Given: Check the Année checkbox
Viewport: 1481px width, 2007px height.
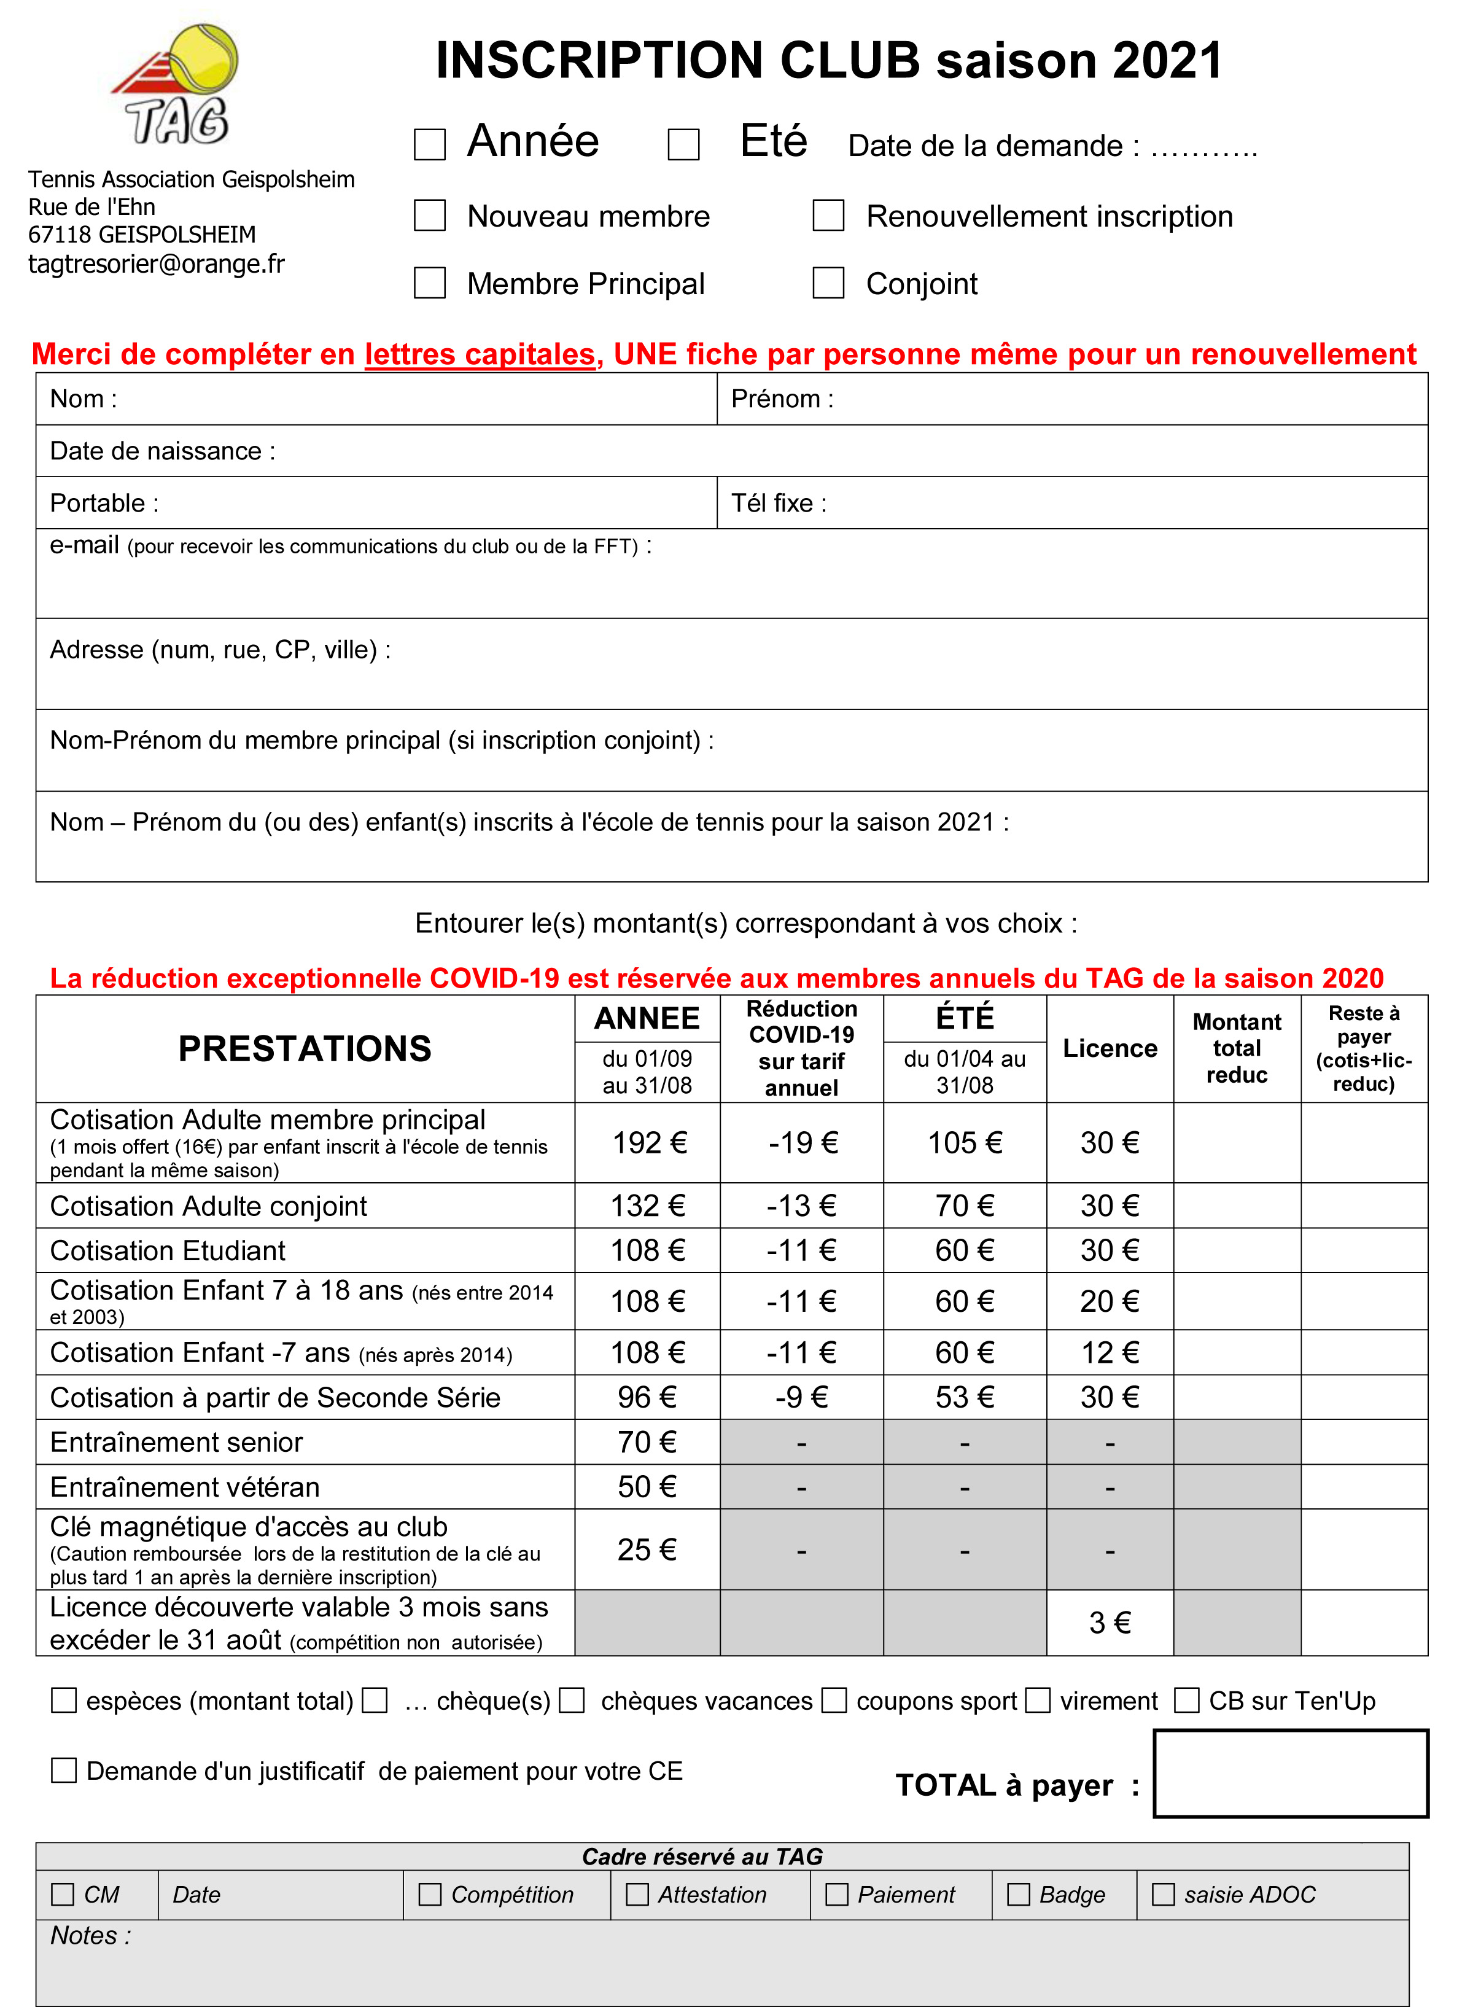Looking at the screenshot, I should pyautogui.click(x=429, y=144).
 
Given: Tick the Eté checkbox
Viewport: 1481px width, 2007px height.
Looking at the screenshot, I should pyautogui.click(x=683, y=144).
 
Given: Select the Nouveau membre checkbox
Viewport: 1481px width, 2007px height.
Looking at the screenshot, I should pyautogui.click(x=429, y=215).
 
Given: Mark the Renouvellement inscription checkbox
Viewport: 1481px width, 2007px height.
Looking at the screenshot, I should pyautogui.click(x=828, y=215).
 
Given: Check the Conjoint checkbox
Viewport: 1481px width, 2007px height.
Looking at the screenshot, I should pyautogui.click(x=828, y=283).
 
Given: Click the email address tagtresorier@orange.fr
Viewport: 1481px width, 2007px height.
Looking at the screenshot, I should pyautogui.click(x=157, y=263).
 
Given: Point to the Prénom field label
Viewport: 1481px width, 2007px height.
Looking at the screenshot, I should pyautogui.click(x=782, y=399).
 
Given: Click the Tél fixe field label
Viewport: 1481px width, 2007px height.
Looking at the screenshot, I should pyautogui.click(x=778, y=503).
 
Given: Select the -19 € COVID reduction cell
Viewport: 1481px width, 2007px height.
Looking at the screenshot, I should pyautogui.click(x=801, y=1142).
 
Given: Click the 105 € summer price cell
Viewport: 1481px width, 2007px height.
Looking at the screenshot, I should pyautogui.click(x=965, y=1142).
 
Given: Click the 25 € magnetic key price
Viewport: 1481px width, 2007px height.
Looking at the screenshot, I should pyautogui.click(x=647, y=1549).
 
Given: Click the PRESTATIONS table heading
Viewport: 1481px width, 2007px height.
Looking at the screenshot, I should pyautogui.click(x=305, y=1048).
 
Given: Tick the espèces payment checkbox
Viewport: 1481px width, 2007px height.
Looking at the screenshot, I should pyautogui.click(x=64, y=1701).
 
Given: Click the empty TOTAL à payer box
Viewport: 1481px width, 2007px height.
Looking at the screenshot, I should pyautogui.click(x=1290, y=1774).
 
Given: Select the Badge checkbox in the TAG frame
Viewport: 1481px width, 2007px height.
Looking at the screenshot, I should pyautogui.click(x=1019, y=1894).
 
